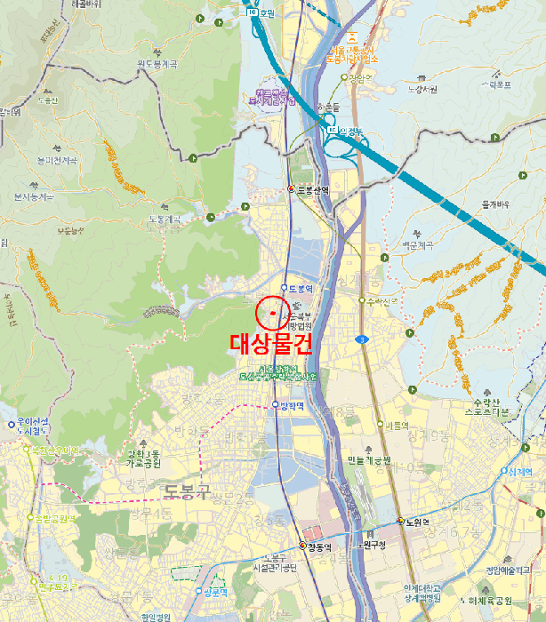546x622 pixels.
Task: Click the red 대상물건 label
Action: click(x=271, y=344)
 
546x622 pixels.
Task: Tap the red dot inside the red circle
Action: click(x=272, y=313)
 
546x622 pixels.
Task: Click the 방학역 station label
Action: click(x=292, y=405)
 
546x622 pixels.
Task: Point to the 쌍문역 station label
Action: click(x=216, y=591)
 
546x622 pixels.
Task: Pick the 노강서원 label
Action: click(x=422, y=89)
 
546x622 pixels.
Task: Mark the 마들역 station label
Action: click(x=395, y=425)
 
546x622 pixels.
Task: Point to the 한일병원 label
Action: click(x=155, y=616)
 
